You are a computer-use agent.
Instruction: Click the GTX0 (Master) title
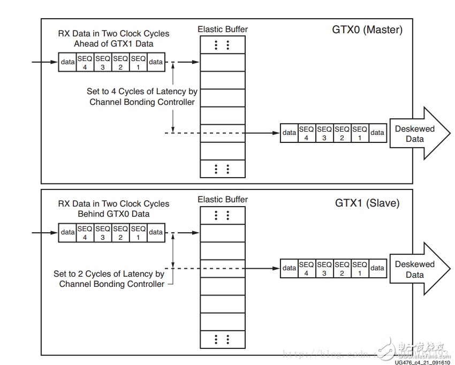coord(367,30)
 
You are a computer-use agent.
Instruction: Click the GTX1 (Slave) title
coord(367,203)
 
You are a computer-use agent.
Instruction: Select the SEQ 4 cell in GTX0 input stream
coord(85,62)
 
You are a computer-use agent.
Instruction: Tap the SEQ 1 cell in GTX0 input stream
coord(138,62)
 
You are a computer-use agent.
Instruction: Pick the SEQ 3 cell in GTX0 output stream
coord(324,133)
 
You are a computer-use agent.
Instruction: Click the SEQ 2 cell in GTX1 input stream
coord(120,232)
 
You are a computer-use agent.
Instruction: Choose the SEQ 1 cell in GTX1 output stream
coord(360,268)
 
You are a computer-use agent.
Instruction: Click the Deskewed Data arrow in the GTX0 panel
coord(415,134)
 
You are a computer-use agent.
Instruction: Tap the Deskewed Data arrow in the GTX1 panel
coord(415,269)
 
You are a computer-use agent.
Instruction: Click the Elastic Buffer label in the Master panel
coord(223,29)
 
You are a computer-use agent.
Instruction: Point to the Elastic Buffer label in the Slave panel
coord(223,200)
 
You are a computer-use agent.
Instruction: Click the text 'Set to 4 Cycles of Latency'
coord(142,92)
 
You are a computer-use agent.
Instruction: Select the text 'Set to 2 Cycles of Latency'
coord(109,274)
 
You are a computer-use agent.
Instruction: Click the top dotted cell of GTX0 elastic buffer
coord(222,45)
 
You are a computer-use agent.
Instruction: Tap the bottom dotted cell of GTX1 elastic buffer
coord(222,339)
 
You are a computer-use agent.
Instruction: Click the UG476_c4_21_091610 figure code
coord(422,362)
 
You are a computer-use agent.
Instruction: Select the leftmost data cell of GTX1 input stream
coord(67,232)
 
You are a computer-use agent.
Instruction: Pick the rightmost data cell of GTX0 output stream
coord(377,133)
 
